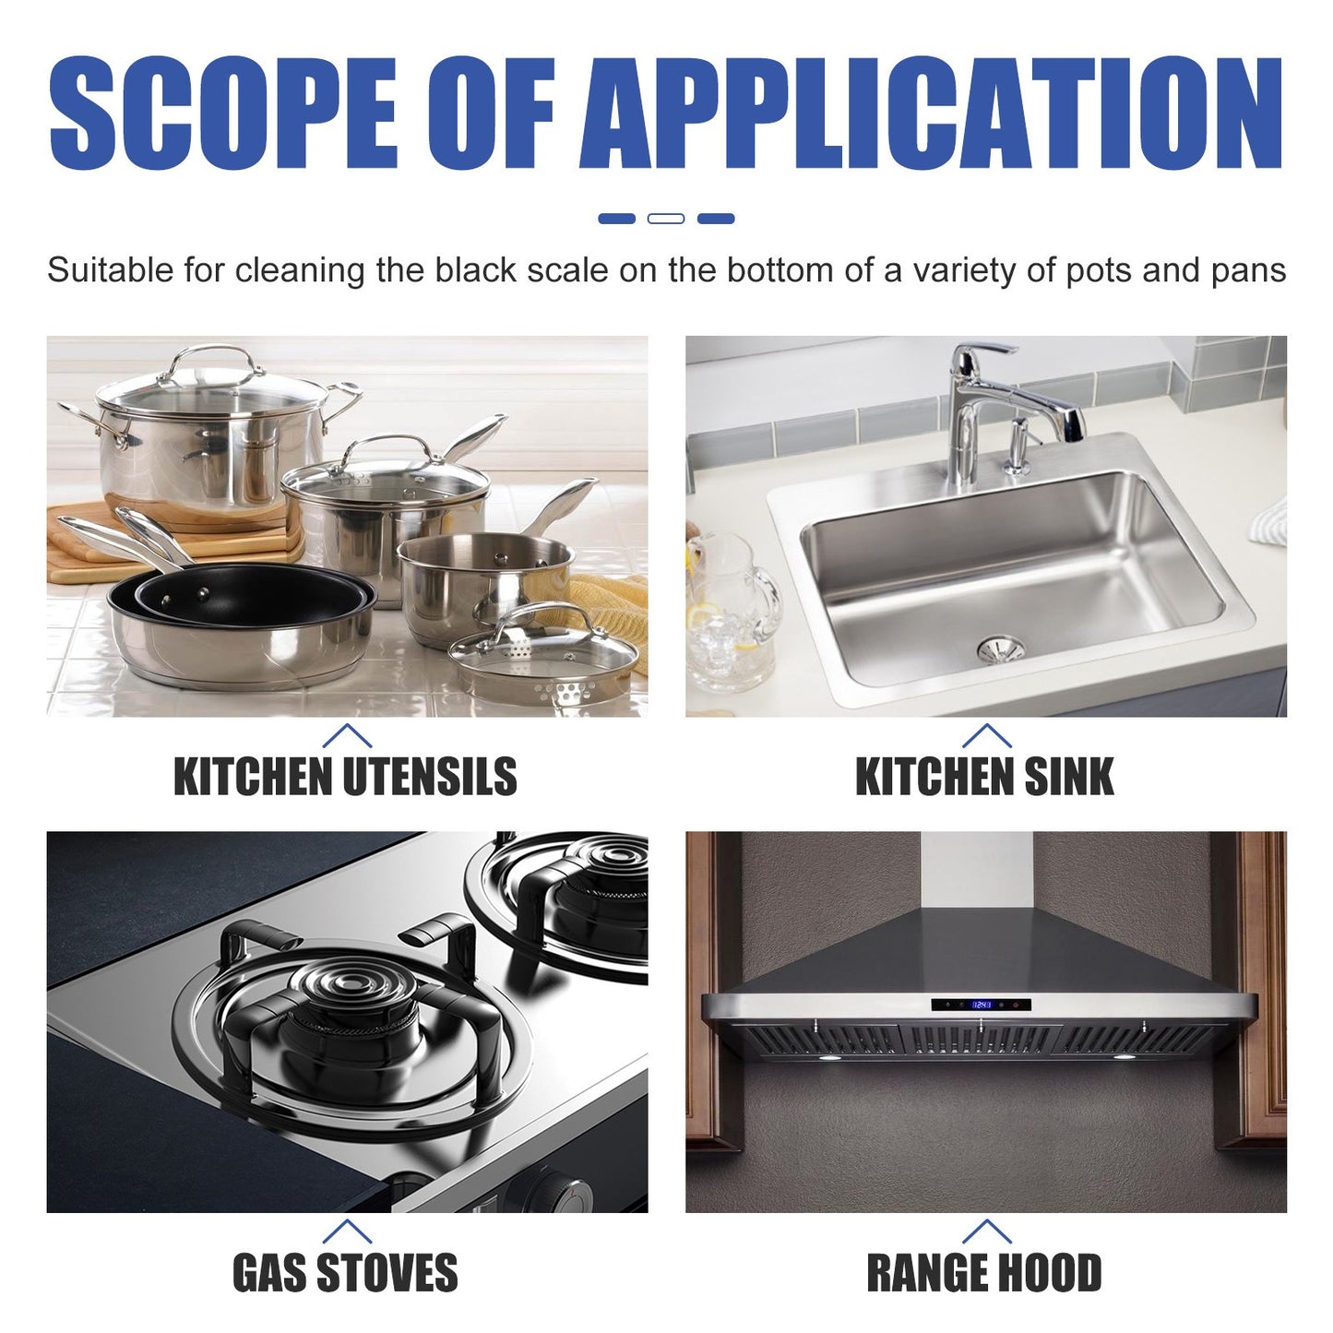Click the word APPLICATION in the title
[x=932, y=114]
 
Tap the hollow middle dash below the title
[x=666, y=219]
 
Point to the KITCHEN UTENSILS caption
[x=346, y=777]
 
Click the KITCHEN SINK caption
[x=984, y=777]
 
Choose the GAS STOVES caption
[x=345, y=1273]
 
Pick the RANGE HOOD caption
[x=984, y=1273]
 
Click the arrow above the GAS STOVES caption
[x=347, y=1232]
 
